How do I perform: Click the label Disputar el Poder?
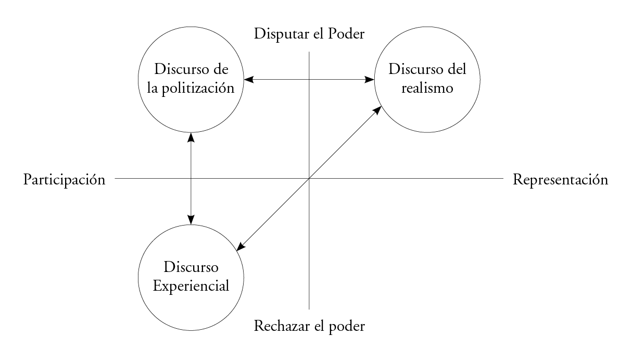pyautogui.click(x=309, y=35)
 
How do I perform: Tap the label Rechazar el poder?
pyautogui.click(x=309, y=327)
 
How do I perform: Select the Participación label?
pyautogui.click(x=65, y=180)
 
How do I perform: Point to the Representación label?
pyautogui.click(x=560, y=180)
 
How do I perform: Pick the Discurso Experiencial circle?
pyautogui.click(x=192, y=302)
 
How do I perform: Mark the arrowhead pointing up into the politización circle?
pyautogui.click(x=192, y=137)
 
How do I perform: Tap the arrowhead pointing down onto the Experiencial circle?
pyautogui.click(x=192, y=220)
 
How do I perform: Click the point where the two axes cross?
pyautogui.click(x=309, y=179)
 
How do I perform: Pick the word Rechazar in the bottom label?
pyautogui.click(x=275, y=327)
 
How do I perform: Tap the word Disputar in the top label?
pyautogui.click(x=275, y=35)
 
